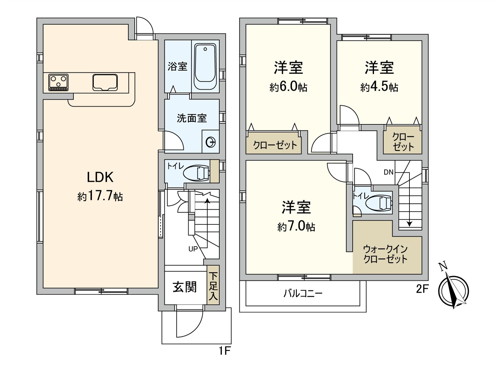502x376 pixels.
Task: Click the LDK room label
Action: click(100, 177)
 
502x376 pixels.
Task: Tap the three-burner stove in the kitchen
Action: click(58, 82)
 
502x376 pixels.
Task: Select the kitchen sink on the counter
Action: click(105, 82)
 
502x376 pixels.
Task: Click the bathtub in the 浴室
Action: click(205, 67)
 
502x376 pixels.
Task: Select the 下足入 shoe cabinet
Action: click(213, 285)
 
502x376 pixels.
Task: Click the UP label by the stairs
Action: click(193, 249)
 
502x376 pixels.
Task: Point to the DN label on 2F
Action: click(388, 172)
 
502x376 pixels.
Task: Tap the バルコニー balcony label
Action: click(303, 293)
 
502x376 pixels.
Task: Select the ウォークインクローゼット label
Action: click(385, 254)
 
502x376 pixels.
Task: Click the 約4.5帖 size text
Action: click(379, 87)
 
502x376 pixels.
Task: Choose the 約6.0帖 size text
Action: click(289, 87)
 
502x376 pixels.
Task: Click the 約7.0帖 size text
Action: click(296, 227)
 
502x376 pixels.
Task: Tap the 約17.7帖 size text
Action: click(100, 196)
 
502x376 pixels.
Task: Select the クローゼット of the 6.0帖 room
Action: click(274, 143)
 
